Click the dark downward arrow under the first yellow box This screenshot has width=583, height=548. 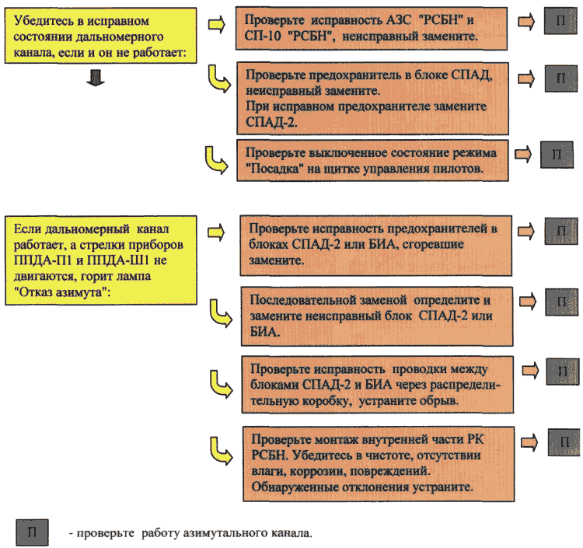pyautogui.click(x=95, y=78)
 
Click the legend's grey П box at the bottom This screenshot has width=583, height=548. pyautogui.click(x=32, y=532)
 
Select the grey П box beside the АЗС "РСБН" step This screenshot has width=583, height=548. pyautogui.click(x=560, y=21)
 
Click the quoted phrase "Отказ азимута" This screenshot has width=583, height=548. pyautogui.click(x=62, y=292)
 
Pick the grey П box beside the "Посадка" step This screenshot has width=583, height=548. pyautogui.click(x=557, y=154)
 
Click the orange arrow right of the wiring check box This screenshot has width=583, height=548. pyautogui.click(x=530, y=370)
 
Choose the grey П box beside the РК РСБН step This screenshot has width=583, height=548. pyautogui.click(x=564, y=442)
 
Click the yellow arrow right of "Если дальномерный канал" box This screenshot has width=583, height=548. pyautogui.click(x=216, y=232)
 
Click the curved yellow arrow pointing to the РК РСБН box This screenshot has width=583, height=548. pyautogui.click(x=221, y=452)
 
